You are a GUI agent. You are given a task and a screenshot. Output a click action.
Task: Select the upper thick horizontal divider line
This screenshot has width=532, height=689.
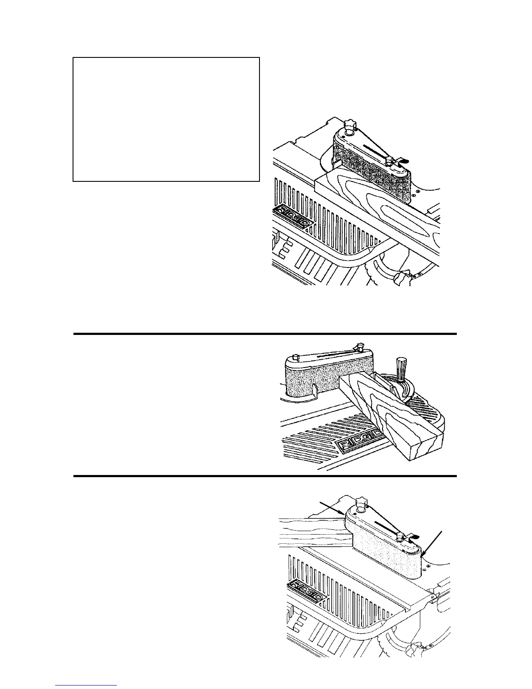265,334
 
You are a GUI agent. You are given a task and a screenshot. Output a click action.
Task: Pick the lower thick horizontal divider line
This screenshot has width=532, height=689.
265,476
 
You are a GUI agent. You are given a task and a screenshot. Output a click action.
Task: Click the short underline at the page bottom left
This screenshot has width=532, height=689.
86,686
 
